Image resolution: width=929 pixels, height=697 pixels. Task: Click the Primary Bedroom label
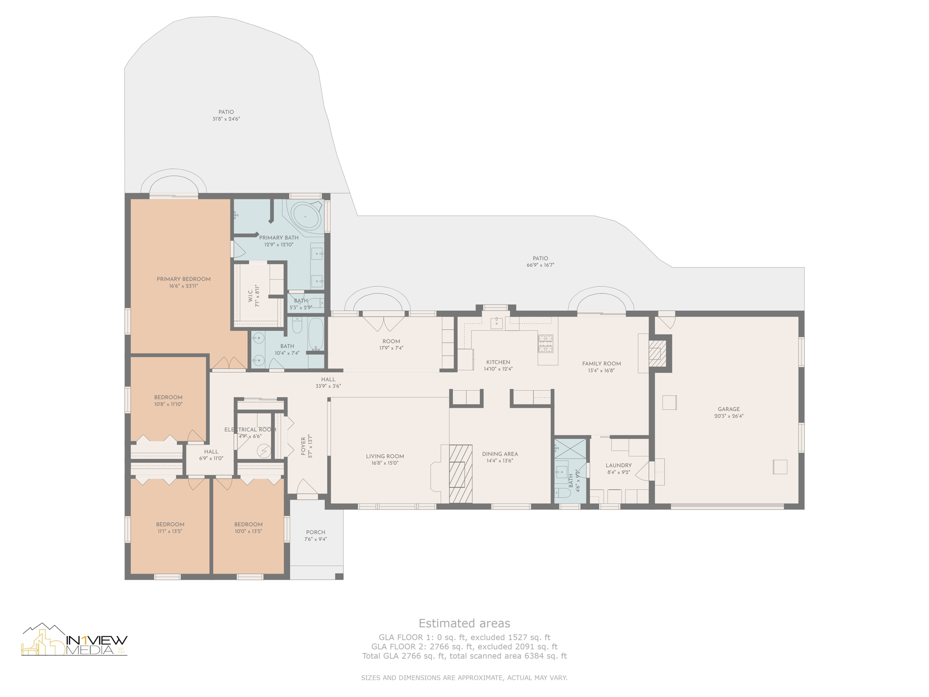tap(184, 279)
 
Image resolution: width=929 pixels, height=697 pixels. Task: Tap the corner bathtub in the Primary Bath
tap(306, 217)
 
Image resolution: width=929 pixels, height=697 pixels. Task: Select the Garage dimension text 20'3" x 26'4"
tap(729, 416)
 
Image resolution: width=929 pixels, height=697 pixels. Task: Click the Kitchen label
tap(498, 362)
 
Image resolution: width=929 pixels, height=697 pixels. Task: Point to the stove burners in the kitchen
tap(545, 344)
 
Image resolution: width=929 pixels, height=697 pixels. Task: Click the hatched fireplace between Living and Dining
tap(460, 474)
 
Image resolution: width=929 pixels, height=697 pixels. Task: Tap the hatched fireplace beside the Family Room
tap(657, 351)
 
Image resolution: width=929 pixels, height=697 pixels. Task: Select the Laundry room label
tap(618, 465)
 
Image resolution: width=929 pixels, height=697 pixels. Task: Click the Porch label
tap(315, 532)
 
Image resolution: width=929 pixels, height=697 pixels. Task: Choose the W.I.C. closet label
tap(250, 296)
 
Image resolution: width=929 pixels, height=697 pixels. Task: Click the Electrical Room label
tap(250, 429)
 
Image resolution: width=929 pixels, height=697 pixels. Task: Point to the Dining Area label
tap(499, 454)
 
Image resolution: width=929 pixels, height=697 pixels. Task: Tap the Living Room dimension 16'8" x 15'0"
tap(385, 463)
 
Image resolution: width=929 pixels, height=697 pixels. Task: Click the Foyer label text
tap(303, 447)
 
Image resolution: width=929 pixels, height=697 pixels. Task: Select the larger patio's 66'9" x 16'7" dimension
tap(540, 265)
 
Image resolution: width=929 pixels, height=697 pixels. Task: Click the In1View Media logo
tap(74, 640)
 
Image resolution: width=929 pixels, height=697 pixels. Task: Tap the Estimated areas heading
tap(464, 623)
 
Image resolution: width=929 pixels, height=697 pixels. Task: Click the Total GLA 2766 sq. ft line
tap(464, 656)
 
